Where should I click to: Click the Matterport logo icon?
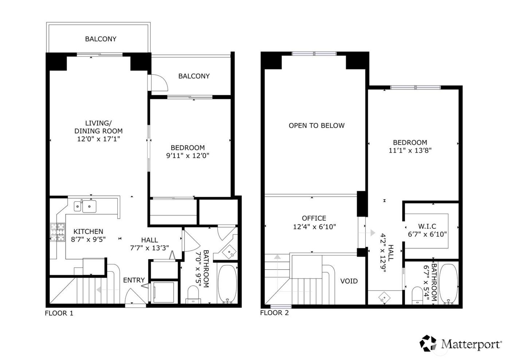pos(428,343)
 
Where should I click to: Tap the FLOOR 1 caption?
pos(59,313)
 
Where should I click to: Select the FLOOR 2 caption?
pos(274,313)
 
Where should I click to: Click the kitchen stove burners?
pos(57,232)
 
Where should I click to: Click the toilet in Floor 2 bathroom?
pos(417,295)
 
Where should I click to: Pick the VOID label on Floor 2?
pos(349,281)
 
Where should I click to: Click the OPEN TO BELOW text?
pos(317,126)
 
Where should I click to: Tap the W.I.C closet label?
pos(427,226)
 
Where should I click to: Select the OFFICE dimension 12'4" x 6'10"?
pos(314,227)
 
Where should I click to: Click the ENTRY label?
pos(134,280)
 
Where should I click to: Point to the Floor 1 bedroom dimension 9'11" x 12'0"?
pos(188,156)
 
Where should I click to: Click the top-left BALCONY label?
pos(101,39)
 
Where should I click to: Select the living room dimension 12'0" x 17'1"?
pos(98,139)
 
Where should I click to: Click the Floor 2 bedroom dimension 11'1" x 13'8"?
pos(410,150)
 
